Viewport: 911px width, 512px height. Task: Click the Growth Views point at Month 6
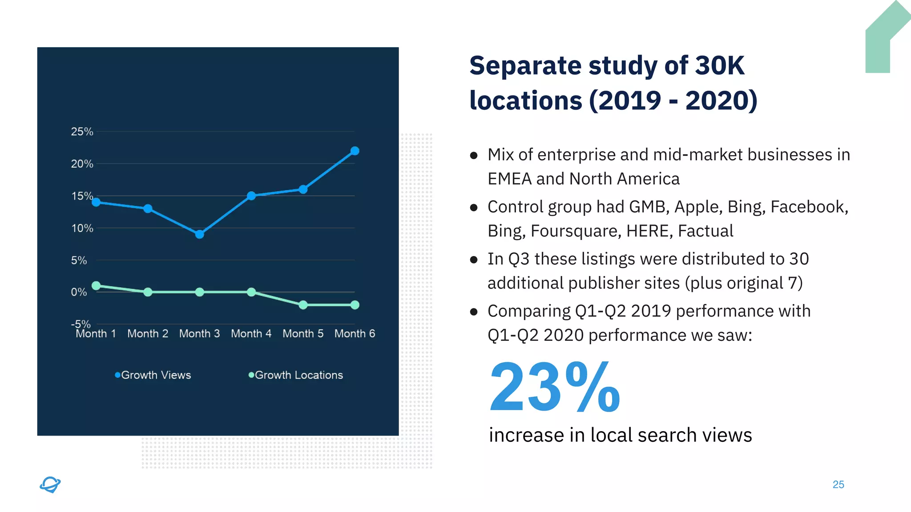pyautogui.click(x=355, y=151)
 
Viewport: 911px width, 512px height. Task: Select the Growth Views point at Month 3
pyautogui.click(x=200, y=234)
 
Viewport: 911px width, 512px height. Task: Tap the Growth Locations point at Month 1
pyautogui.click(x=96, y=286)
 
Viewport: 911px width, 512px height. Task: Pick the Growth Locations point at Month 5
pyautogui.click(x=303, y=305)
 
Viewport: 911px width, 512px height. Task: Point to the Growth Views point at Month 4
pyautogui.click(x=251, y=196)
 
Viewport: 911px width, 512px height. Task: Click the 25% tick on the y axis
pyautogui.click(x=82, y=132)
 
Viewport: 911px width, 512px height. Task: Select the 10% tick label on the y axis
pyautogui.click(x=82, y=228)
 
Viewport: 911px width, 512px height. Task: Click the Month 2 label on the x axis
pyautogui.click(x=148, y=334)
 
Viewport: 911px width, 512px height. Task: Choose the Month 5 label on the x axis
pyautogui.click(x=303, y=334)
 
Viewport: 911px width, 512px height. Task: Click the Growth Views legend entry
pyautogui.click(x=153, y=375)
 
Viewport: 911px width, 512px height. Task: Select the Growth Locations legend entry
pyautogui.click(x=296, y=375)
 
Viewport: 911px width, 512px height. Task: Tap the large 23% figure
pyautogui.click(x=554, y=388)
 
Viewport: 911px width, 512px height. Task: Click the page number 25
pyautogui.click(x=838, y=484)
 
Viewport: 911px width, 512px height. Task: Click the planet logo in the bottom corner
pyautogui.click(x=50, y=484)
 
